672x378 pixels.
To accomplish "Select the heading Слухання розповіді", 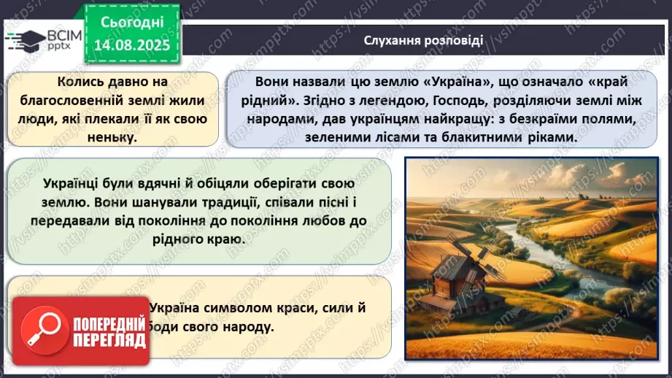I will coord(423,40).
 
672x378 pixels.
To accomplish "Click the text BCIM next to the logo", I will coord(62,34).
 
